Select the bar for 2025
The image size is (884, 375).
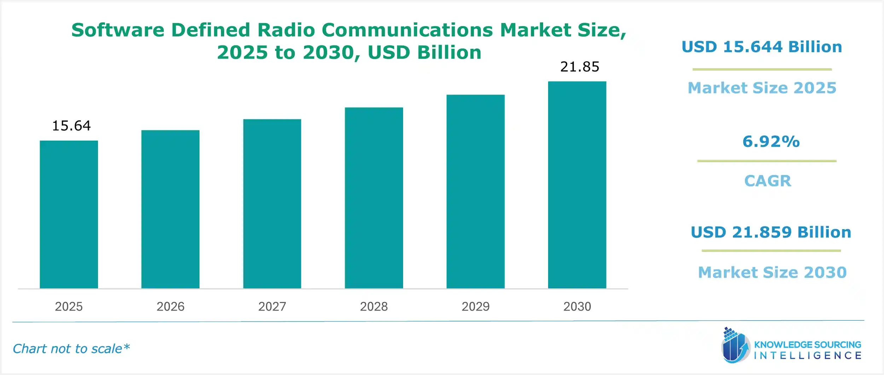click(x=69, y=214)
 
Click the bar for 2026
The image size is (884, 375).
click(x=170, y=209)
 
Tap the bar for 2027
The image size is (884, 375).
click(x=272, y=204)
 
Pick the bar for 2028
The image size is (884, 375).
click(x=374, y=198)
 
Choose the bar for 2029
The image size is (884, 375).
click(x=475, y=191)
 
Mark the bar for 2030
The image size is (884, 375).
click(x=577, y=184)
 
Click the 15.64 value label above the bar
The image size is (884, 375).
click(x=71, y=126)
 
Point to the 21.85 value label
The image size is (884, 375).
click(x=580, y=67)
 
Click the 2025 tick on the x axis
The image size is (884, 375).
click(x=69, y=306)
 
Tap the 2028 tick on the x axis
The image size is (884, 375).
click(x=374, y=306)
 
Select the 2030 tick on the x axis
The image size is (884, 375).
click(x=577, y=306)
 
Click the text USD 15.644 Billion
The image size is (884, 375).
click(x=762, y=47)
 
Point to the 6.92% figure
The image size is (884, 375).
click(x=771, y=142)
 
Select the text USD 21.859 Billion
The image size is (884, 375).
click(x=771, y=232)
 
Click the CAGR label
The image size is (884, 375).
click(x=768, y=181)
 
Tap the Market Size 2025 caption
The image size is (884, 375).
click(x=762, y=88)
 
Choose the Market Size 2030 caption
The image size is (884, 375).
click(x=772, y=272)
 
